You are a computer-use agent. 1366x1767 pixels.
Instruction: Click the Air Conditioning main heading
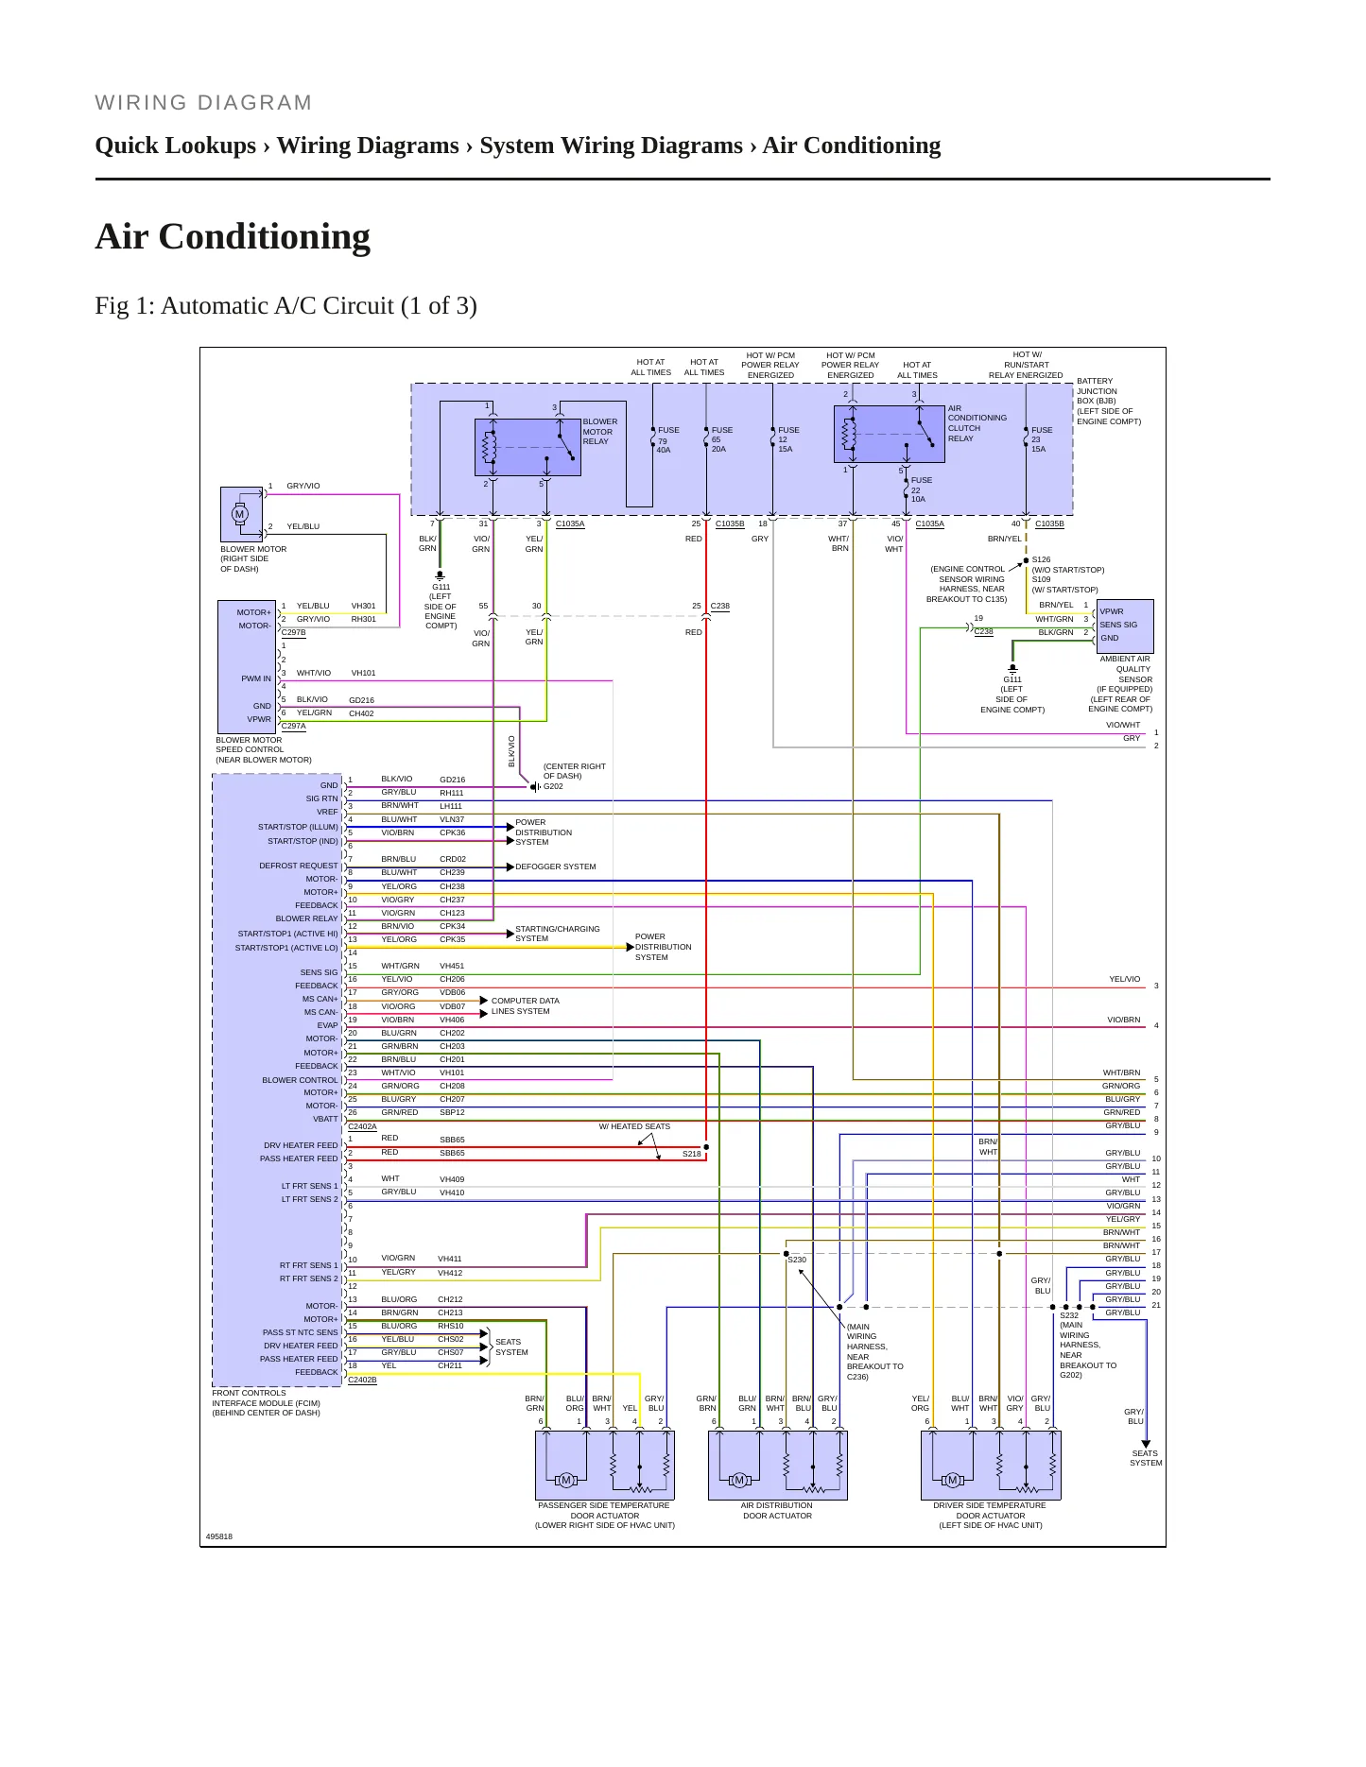(233, 236)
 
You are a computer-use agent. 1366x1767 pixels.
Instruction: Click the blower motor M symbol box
(241, 515)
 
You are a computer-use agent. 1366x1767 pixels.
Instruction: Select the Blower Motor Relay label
(599, 432)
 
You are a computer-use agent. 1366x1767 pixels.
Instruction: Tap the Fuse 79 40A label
(668, 439)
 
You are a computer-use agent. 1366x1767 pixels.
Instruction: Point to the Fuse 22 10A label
(921, 489)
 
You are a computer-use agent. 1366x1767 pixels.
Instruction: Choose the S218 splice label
(692, 1154)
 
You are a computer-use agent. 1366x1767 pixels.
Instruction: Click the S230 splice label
(797, 1260)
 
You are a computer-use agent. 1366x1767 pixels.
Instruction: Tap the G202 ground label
(553, 786)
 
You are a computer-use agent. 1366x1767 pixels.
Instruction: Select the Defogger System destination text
(556, 866)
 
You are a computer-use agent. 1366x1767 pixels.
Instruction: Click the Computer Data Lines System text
(525, 1005)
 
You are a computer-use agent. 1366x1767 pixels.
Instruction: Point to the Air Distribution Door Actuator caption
(777, 1510)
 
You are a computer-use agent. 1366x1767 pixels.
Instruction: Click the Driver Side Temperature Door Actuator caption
(990, 1515)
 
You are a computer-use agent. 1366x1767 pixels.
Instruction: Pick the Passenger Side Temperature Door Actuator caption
(605, 1515)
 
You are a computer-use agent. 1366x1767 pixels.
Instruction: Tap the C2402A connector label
(362, 1126)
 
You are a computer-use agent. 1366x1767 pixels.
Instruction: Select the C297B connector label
(294, 633)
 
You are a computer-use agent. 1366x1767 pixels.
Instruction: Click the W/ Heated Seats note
(634, 1126)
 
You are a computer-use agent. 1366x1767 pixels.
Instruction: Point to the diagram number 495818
(219, 1536)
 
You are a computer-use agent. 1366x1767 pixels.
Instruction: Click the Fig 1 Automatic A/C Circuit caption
(285, 305)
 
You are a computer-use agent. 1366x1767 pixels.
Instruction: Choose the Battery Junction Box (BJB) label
(1109, 401)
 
